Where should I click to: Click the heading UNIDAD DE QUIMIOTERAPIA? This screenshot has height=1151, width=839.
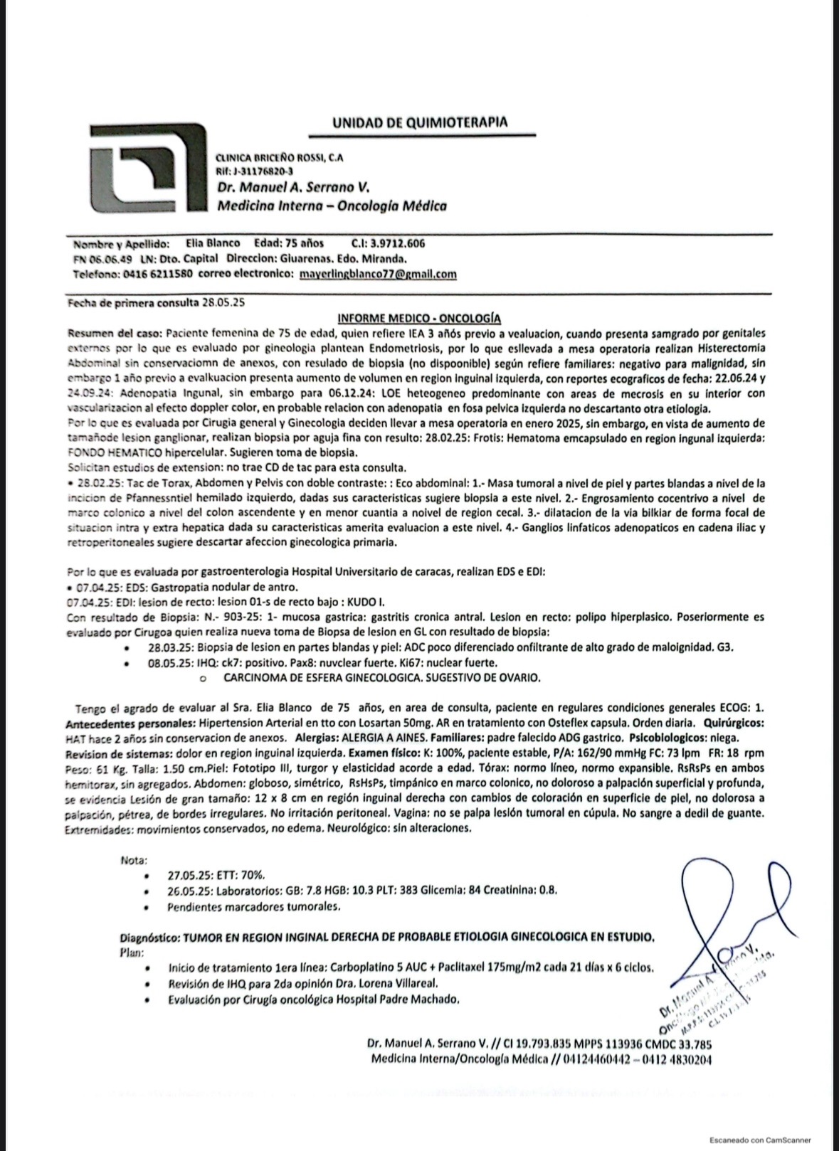click(420, 122)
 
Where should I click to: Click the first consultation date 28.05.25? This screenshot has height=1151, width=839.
click(223, 302)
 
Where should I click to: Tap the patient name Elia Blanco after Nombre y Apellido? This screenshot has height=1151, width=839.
click(213, 243)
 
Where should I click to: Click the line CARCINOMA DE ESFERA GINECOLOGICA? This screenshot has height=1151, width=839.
click(382, 678)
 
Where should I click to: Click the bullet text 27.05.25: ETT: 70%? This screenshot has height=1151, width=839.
click(216, 875)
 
